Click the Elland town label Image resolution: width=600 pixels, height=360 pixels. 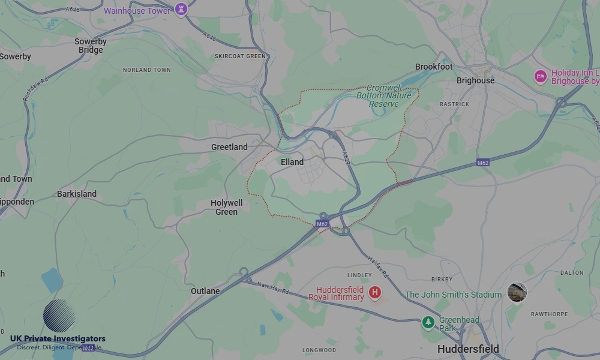tap(292, 162)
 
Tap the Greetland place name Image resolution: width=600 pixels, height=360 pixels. tap(229, 147)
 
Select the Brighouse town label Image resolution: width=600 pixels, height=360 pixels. tap(475, 80)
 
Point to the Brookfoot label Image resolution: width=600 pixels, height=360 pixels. tap(434, 67)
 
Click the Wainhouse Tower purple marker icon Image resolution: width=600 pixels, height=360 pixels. tap(181, 10)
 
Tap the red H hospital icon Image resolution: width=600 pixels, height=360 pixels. tap(375, 292)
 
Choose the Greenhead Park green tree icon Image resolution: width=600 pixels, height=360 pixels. tap(428, 323)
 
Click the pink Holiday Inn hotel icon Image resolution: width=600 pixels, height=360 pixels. tap(540, 77)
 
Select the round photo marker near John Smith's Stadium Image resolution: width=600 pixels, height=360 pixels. tap(517, 292)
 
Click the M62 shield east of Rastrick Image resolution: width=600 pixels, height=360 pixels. tap(483, 163)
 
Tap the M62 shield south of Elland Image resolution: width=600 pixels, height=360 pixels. tap(322, 224)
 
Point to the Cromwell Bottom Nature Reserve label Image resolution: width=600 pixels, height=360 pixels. tap(384, 95)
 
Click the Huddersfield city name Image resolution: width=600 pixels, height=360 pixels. tap(468, 349)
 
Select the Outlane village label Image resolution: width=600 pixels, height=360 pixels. tap(205, 291)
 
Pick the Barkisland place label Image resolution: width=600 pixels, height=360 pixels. tap(77, 194)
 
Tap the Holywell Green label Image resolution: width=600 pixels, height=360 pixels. tap(226, 207)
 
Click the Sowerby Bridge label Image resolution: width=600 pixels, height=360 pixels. tap(91, 46)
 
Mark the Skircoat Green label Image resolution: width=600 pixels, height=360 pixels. tap(239, 56)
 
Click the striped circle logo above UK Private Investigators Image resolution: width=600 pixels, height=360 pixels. tap(59, 316)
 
